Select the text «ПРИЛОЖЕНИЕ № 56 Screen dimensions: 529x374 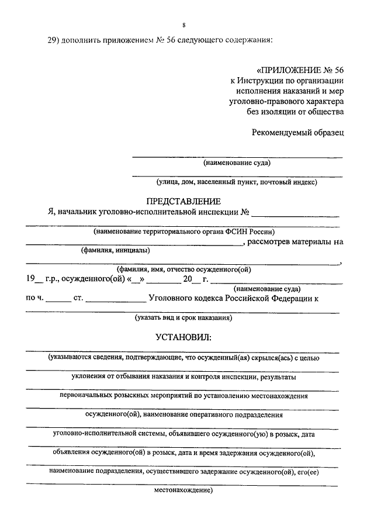tap(300, 67)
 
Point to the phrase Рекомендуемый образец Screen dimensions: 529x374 tap(298, 132)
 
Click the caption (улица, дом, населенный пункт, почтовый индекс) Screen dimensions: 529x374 tap(232, 182)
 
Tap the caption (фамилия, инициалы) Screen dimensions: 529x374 tap(115, 251)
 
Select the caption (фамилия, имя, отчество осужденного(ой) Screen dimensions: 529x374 tap(184, 269)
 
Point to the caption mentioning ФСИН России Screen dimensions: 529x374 tap(183, 231)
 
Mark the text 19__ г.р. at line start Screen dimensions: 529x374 tap(41, 279)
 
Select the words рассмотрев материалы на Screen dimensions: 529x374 tap(296, 241)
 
